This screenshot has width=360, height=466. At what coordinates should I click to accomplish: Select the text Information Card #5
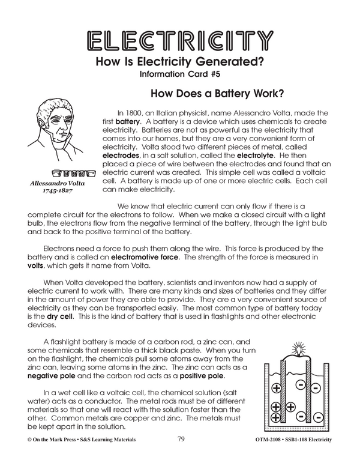point(180,76)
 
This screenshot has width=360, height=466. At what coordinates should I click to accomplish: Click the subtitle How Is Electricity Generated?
point(180,63)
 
